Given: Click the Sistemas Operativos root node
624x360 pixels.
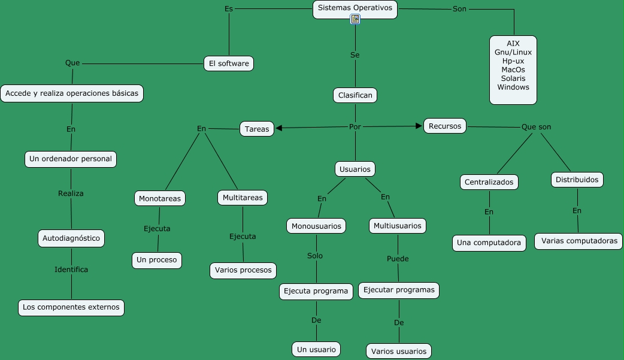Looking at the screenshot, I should tap(355, 8).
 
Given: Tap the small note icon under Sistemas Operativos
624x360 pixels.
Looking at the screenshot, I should tap(355, 20).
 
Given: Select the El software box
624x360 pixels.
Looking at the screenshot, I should tap(229, 63).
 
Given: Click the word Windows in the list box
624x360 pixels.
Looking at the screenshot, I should tap(513, 87).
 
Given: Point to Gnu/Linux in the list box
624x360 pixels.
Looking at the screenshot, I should tap(513, 52).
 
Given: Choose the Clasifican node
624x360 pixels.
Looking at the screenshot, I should tap(355, 95).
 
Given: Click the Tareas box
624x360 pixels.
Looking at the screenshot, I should tap(257, 129).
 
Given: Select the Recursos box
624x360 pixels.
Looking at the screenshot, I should tap(445, 126).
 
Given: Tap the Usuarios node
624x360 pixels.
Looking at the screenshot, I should tap(355, 170).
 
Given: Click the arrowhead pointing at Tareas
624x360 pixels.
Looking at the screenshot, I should tap(279, 128).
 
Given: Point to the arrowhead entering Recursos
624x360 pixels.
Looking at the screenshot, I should tap(419, 126).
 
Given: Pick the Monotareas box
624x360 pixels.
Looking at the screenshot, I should tap(160, 198).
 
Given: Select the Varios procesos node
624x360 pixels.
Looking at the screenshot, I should tap(243, 270).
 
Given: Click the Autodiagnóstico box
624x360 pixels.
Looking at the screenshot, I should tap(71, 238).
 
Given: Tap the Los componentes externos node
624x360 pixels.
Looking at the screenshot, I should tap(71, 307).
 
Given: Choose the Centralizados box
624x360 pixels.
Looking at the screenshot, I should tap(489, 182).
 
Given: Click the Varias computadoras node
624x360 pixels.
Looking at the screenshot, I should tap(578, 241).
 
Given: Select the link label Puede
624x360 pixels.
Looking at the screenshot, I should tap(398, 259).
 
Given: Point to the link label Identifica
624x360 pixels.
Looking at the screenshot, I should tap(71, 270).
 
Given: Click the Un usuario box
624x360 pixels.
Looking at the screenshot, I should tap(317, 349).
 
